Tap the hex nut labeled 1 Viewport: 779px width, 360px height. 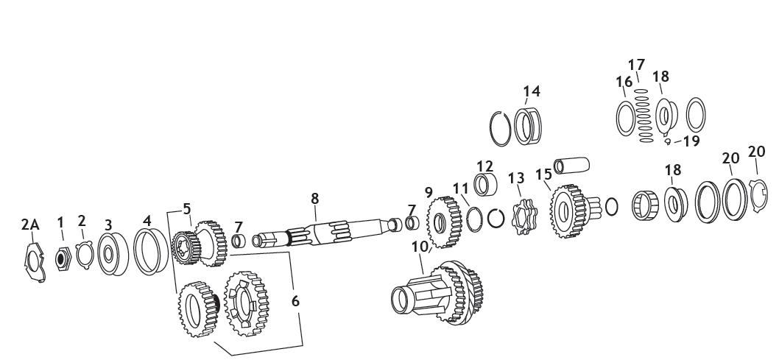(63, 258)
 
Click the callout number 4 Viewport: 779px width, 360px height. (147, 220)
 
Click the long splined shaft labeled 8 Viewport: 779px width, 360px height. (324, 236)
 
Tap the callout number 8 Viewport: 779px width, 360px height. (314, 198)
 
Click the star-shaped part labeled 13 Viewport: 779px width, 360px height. (521, 214)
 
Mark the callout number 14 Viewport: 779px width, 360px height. (532, 91)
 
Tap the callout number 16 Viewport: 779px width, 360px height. (624, 81)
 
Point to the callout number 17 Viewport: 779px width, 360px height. (636, 65)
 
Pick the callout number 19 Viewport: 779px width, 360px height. (691, 141)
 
